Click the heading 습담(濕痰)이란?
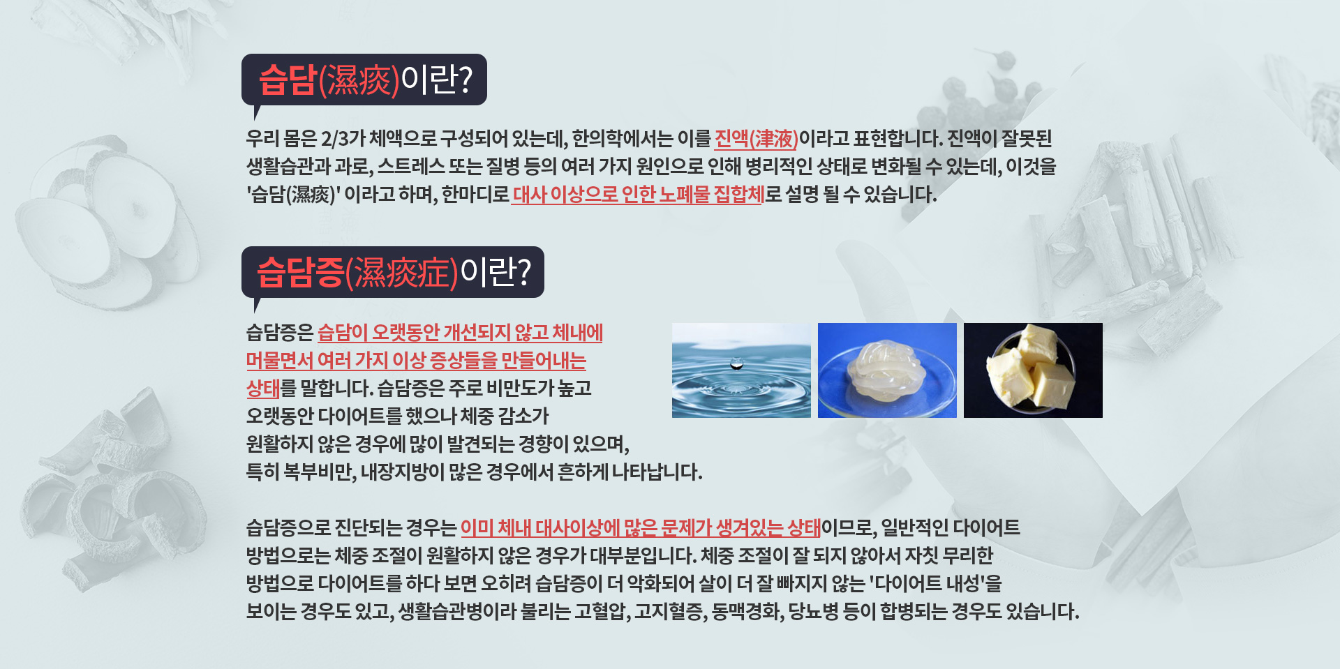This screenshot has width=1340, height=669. click(365, 80)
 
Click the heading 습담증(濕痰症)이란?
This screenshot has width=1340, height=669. click(394, 272)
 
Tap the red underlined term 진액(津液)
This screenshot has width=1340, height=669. click(756, 139)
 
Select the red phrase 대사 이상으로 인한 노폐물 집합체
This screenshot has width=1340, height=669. click(638, 194)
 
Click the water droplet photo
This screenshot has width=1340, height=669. click(741, 370)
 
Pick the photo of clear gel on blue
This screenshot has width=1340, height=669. click(887, 370)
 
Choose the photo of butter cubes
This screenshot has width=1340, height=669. click(1033, 370)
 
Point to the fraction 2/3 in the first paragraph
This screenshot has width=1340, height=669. click(334, 139)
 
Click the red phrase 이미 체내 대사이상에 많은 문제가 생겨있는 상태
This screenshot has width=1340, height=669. click(641, 528)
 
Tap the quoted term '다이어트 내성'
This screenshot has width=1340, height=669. click(935, 583)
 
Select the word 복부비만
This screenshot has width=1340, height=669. click(320, 472)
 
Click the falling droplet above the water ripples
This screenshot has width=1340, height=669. click(736, 363)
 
